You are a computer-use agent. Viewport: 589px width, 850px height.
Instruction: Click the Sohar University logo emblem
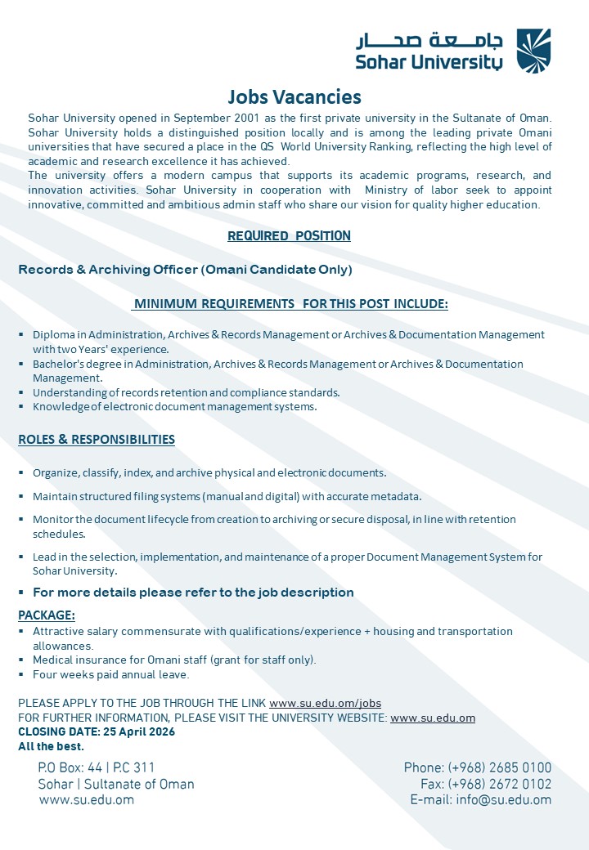[x=533, y=51]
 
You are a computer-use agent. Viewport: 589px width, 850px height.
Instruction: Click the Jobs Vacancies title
[x=294, y=97]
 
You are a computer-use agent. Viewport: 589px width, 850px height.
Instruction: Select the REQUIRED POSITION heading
[x=289, y=236]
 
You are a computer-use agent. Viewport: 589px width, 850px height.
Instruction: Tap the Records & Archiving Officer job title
[x=185, y=270]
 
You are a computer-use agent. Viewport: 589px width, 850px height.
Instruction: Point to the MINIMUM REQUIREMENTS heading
[x=290, y=304]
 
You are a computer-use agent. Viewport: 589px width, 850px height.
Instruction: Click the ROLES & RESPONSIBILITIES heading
[x=97, y=440]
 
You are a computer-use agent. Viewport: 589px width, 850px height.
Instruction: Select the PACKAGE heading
[x=47, y=615]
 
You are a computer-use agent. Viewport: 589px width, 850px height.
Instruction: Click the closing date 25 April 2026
[x=97, y=732]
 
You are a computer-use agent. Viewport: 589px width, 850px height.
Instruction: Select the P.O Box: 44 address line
[x=97, y=768]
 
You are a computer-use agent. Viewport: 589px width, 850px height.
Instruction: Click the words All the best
[x=52, y=746]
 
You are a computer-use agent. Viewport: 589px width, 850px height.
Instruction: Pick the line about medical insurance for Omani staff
[x=174, y=660]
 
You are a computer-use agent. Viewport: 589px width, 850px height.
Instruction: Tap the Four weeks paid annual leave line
[x=111, y=675]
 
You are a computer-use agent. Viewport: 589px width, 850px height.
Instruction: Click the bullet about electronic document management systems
[x=174, y=407]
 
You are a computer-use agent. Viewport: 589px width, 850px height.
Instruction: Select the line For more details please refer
[x=193, y=593]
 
